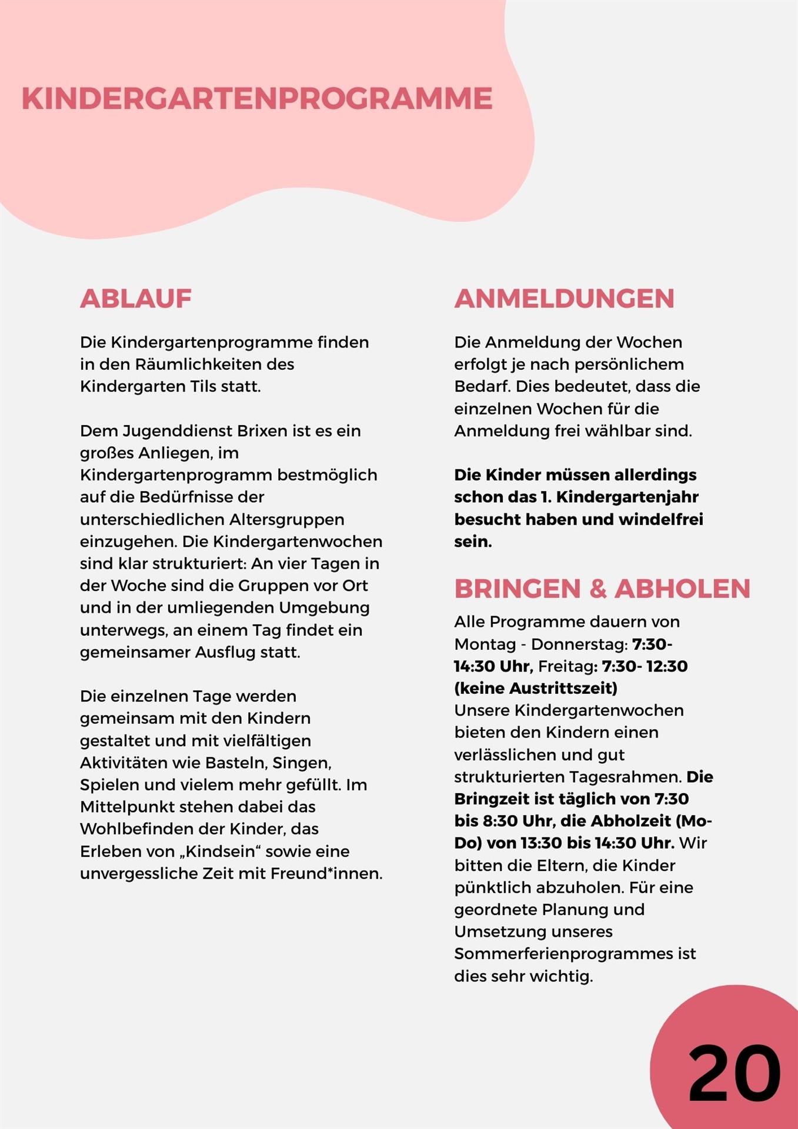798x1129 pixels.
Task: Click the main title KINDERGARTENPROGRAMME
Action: point(257,98)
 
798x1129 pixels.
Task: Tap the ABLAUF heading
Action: point(136,299)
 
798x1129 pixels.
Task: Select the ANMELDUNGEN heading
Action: point(564,299)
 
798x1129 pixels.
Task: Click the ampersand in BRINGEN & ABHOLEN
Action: point(597,589)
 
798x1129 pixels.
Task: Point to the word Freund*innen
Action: point(326,874)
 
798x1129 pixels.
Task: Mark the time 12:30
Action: point(667,667)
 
